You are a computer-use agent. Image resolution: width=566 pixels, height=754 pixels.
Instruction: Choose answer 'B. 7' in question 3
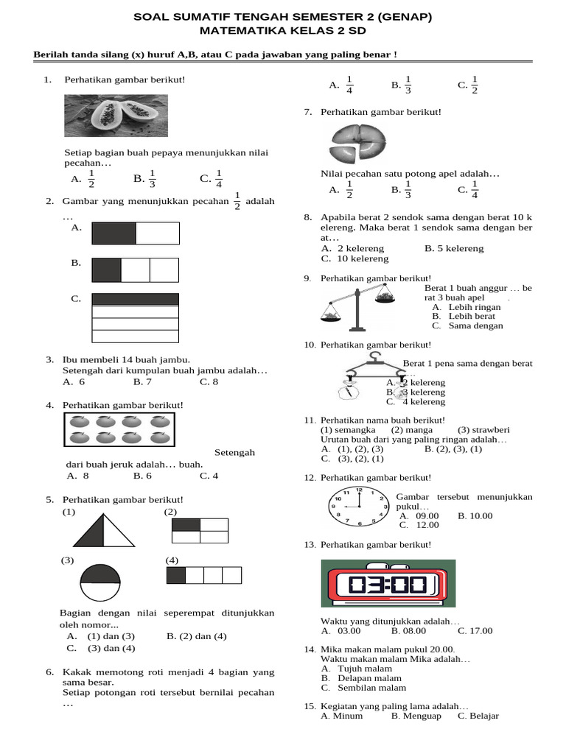(142, 382)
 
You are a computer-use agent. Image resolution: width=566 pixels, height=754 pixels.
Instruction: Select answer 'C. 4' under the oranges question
(209, 476)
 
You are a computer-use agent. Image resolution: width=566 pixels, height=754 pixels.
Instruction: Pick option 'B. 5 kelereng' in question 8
(454, 249)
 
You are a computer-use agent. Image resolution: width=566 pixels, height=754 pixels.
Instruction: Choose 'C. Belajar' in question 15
(478, 716)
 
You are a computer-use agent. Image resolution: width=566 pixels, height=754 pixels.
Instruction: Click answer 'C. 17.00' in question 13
(475, 631)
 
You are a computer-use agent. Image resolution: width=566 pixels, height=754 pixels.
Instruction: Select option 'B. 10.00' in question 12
(475, 516)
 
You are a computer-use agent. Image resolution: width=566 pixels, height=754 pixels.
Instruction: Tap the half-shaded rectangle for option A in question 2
(136, 233)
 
